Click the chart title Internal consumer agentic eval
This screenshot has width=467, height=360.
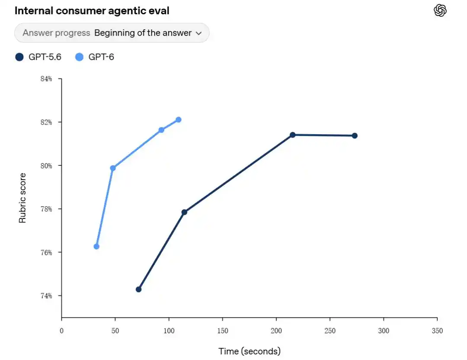(92, 11)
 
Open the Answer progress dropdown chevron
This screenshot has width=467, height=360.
(198, 33)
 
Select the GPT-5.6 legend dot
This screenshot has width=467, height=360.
(19, 57)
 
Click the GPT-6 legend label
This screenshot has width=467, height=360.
(101, 57)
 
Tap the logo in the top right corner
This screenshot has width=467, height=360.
(440, 10)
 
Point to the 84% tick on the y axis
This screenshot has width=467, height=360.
(46, 79)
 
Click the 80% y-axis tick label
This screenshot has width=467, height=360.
(46, 166)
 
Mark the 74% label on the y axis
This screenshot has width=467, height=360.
(46, 296)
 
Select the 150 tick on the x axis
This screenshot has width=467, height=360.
(223, 331)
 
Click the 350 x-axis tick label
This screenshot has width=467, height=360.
(437, 331)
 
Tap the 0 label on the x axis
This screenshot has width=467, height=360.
(62, 331)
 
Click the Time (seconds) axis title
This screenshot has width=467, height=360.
(249, 351)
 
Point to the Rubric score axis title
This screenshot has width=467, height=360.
(22, 198)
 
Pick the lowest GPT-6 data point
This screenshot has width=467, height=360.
(96, 247)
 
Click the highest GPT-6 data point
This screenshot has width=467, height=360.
(179, 119)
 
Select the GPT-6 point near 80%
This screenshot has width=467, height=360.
(113, 168)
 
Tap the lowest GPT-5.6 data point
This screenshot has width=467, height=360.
(138, 289)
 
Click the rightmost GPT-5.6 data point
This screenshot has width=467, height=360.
(355, 135)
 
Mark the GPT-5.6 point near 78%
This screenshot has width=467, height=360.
(184, 212)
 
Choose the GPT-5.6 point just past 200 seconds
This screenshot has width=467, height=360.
(292, 135)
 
